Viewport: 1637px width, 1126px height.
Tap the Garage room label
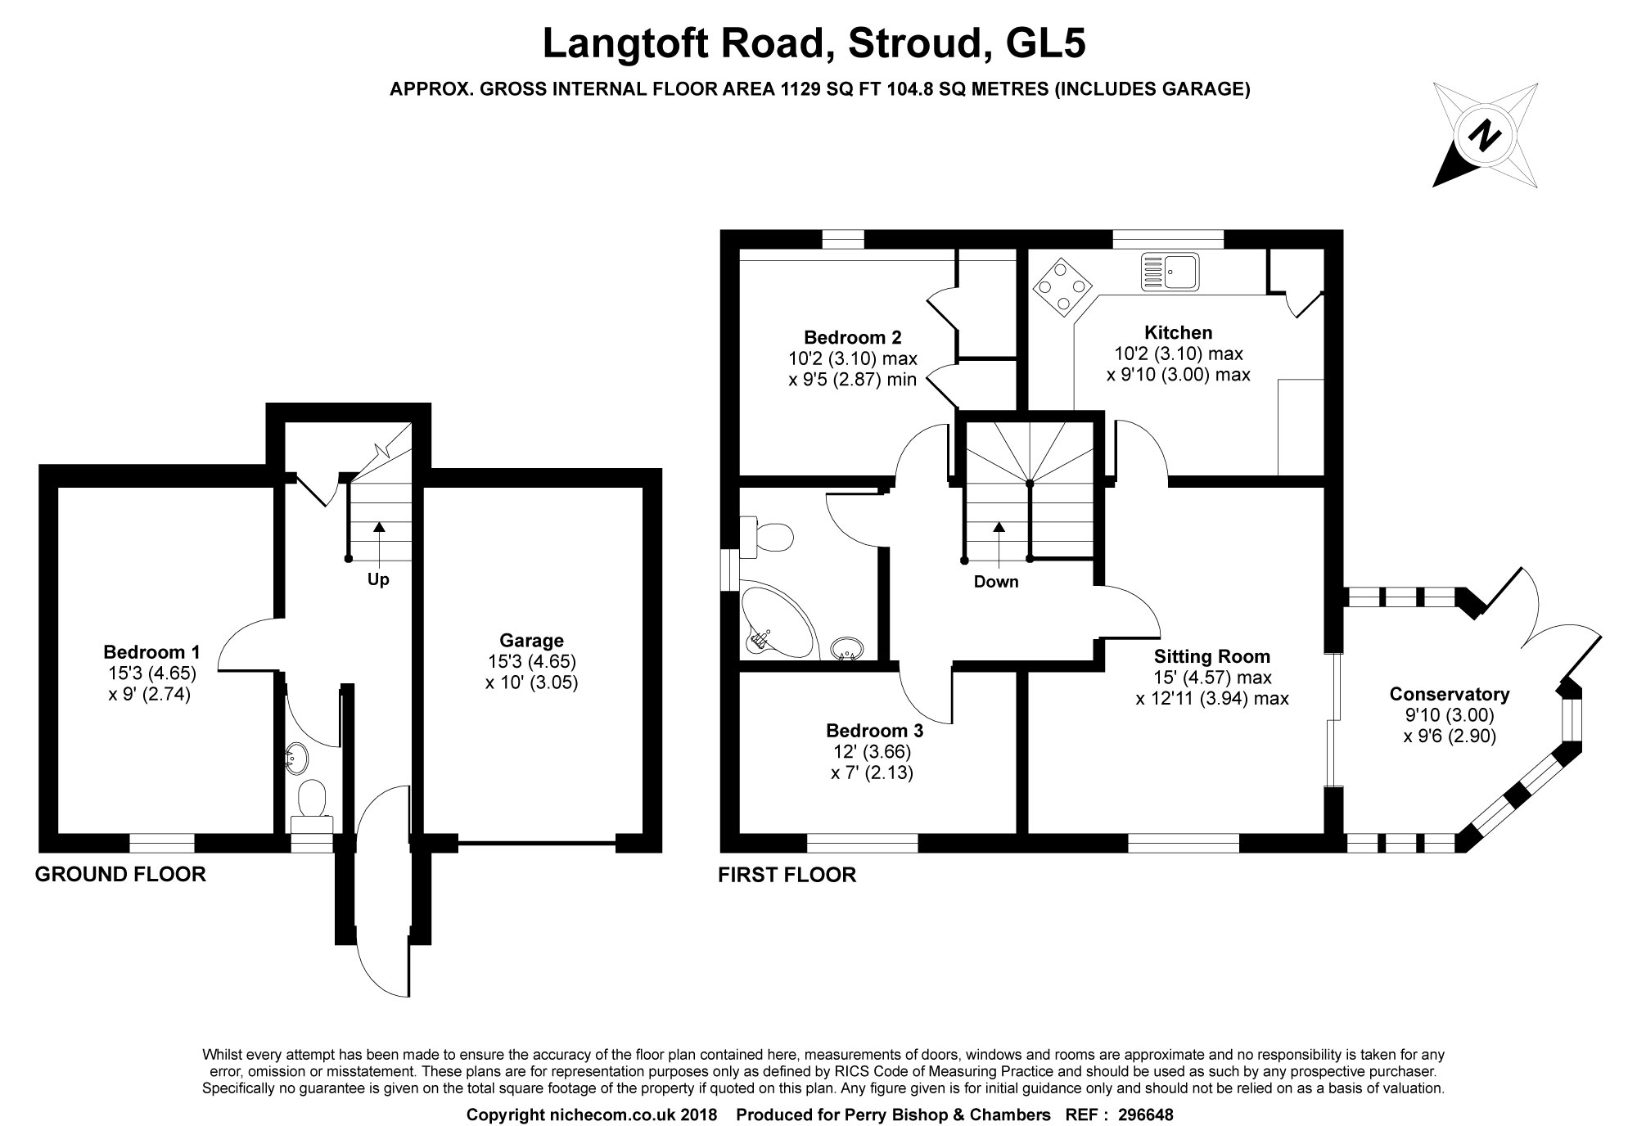[x=531, y=640]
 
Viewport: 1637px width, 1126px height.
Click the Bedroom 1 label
[x=151, y=651]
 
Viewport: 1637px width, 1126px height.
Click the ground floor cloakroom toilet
[x=312, y=799]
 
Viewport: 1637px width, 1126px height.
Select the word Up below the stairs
[x=378, y=579]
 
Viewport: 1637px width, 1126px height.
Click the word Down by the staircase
[x=996, y=582]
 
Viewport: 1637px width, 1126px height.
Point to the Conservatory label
[x=1450, y=694]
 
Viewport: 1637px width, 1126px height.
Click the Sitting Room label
[x=1211, y=655]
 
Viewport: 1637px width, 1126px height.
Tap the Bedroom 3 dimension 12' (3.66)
[x=872, y=751]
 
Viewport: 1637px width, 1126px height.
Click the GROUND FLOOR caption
[x=120, y=874]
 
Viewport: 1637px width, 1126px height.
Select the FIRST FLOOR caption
[x=787, y=875]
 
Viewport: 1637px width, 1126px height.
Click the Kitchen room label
[x=1178, y=332]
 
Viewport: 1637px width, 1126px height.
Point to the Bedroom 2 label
[x=852, y=337]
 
